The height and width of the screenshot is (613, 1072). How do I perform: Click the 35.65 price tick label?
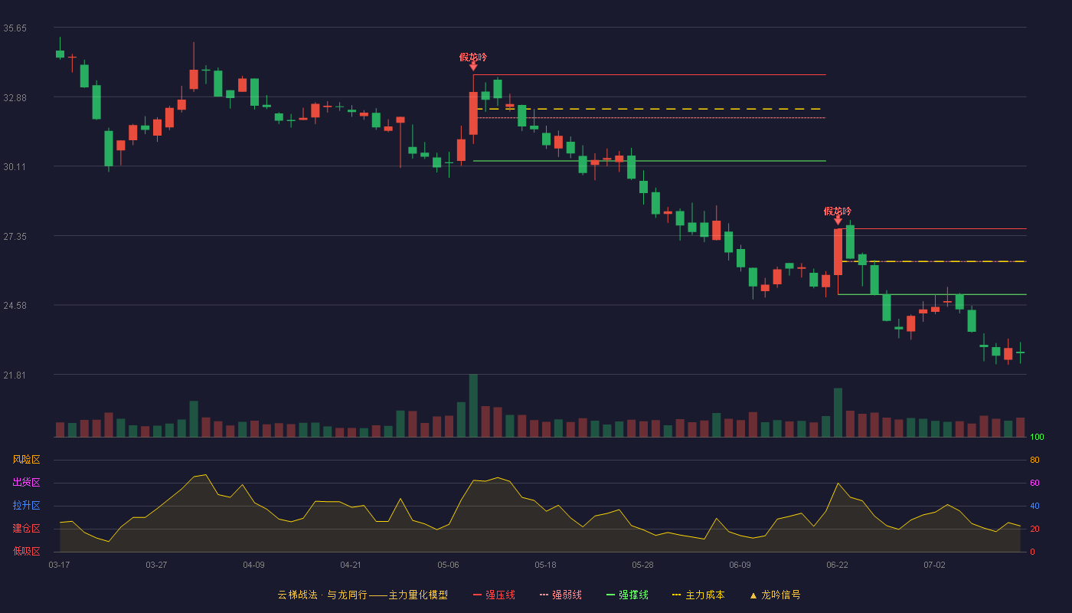15,28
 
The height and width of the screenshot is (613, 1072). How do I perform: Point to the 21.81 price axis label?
15,375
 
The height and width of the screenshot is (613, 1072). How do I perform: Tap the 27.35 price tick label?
15,237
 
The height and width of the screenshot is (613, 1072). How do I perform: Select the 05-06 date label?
448,565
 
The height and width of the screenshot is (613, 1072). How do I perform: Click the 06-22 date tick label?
837,565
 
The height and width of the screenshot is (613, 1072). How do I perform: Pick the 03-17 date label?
60,565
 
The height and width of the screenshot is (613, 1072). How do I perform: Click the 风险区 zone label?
26,460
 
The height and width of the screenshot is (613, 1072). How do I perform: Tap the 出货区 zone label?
26,482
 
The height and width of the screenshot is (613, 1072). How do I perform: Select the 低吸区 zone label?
26,551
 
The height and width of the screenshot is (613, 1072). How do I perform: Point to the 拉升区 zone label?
26,505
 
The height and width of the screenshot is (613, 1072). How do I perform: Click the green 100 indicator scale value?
1037,437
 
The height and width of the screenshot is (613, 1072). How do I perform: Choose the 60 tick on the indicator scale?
1034,483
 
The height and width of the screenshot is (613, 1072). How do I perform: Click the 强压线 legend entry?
495,595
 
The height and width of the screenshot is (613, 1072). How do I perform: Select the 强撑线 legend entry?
627,595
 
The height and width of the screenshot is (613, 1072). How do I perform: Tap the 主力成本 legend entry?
698,595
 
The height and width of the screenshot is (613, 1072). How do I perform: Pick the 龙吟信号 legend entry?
775,595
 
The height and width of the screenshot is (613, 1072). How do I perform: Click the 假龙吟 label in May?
473,57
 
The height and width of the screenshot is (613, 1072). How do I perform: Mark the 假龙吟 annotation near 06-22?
838,211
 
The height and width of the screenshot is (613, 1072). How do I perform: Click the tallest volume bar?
473,405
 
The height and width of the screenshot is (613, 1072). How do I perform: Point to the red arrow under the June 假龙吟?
838,221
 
